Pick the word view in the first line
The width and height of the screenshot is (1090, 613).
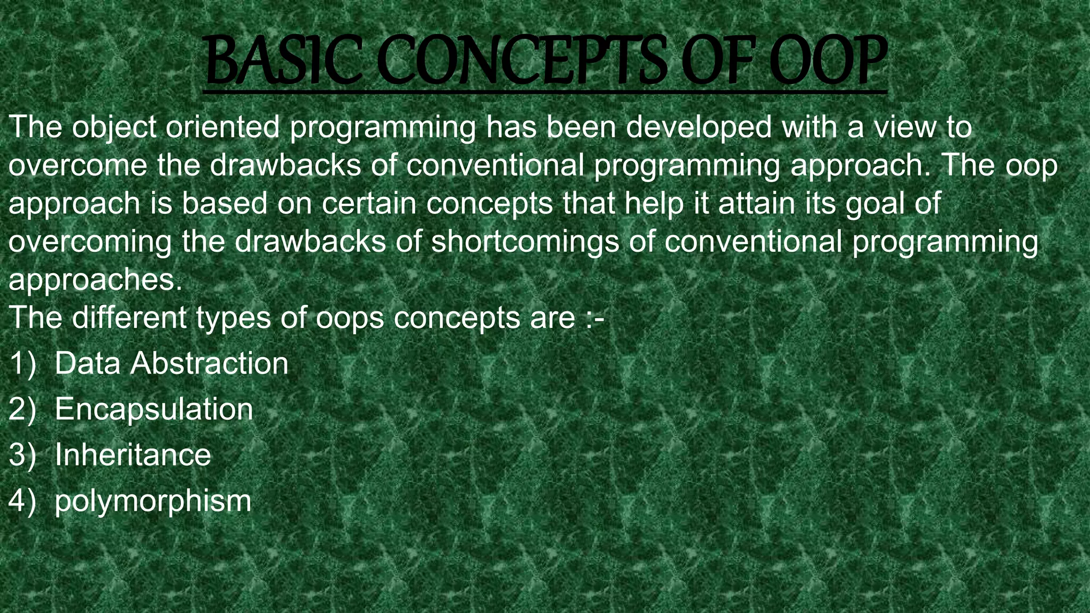point(905,127)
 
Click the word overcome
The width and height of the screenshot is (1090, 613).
point(78,165)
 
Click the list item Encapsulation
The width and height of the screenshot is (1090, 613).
point(154,410)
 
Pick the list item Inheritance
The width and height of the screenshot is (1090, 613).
point(133,455)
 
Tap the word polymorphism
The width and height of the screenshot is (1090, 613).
point(153,502)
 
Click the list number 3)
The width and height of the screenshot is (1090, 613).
point(22,455)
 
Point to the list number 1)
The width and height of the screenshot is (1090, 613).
point(22,364)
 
